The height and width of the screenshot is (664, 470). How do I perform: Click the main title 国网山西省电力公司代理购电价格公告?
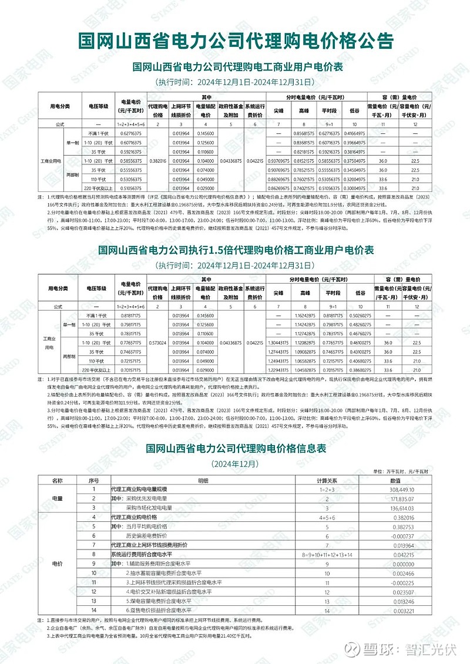(235, 42)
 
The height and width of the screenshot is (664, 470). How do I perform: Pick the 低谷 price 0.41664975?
(355, 133)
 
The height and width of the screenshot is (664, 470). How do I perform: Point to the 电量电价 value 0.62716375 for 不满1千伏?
(126, 133)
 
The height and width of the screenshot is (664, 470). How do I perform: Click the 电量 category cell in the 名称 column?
(57, 498)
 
